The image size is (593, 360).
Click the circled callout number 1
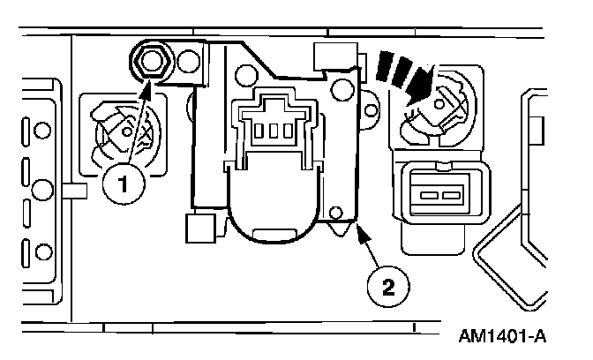pyautogui.click(x=124, y=185)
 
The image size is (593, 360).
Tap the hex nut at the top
pyautogui.click(x=149, y=61)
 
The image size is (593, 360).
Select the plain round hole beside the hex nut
pyautogui.click(x=188, y=63)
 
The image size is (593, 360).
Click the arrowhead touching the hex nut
pyautogui.click(x=148, y=83)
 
